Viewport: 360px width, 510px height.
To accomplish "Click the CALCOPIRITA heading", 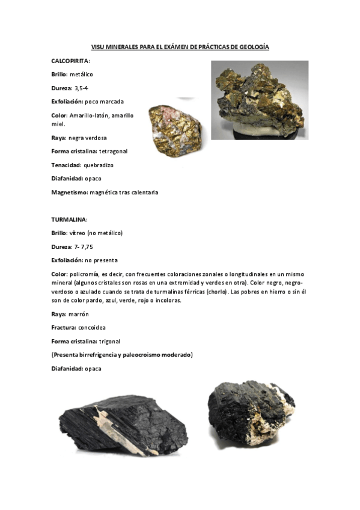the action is point(70,61).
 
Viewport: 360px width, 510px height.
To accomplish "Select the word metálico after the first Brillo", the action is point(81,75).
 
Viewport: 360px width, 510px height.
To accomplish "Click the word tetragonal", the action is point(112,151).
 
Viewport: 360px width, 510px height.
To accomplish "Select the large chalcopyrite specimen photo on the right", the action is point(260,100).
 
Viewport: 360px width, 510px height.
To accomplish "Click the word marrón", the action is point(78,313).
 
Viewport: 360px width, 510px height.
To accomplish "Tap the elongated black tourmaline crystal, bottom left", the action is point(123,428).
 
